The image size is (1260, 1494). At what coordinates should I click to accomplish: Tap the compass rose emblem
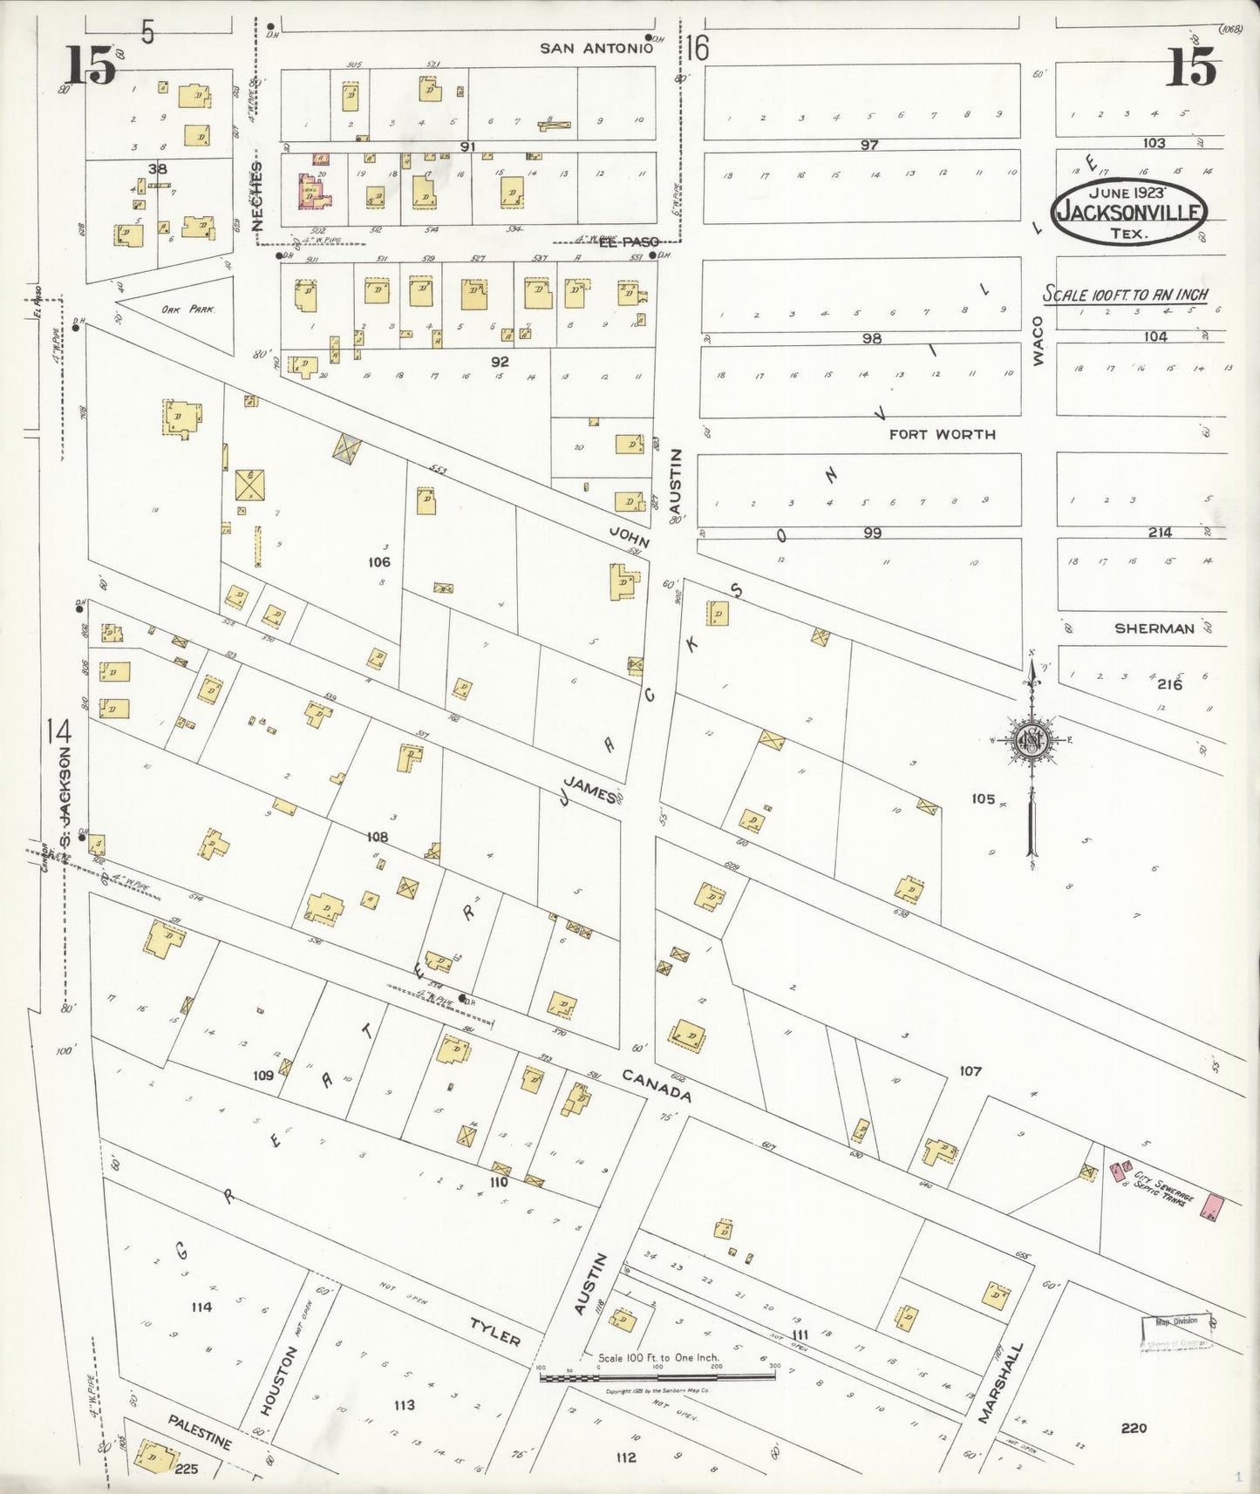(1032, 741)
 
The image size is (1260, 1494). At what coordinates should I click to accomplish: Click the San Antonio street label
(596, 48)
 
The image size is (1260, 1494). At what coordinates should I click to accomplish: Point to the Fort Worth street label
(942, 433)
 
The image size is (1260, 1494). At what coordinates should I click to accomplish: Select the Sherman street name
(1154, 628)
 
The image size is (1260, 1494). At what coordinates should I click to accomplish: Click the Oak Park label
(181, 309)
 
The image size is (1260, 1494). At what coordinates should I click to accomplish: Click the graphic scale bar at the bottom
(657, 1377)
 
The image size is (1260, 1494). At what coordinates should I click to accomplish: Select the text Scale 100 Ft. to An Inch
(1126, 294)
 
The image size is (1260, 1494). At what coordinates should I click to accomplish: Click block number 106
(378, 562)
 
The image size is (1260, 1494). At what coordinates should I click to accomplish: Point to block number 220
(1134, 1428)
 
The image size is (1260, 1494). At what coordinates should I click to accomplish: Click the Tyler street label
(494, 1332)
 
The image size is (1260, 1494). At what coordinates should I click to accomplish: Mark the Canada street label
(657, 1085)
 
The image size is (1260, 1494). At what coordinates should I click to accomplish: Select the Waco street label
(1038, 340)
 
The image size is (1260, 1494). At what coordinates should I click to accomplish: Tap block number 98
(871, 338)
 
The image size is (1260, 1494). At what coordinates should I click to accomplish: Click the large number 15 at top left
(90, 66)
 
